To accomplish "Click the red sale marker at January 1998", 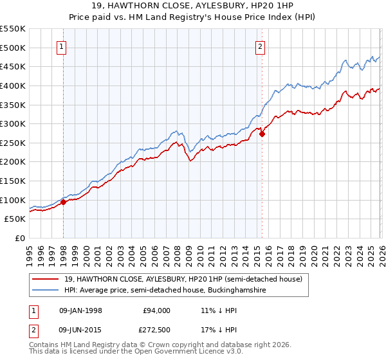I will tap(64, 203).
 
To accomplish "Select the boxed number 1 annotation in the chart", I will tap(62, 46).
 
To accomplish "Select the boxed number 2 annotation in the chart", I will tap(260, 46).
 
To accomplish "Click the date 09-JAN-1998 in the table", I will tap(80, 310).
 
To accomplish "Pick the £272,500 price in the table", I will tap(156, 331).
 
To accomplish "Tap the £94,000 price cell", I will tap(156, 310).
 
